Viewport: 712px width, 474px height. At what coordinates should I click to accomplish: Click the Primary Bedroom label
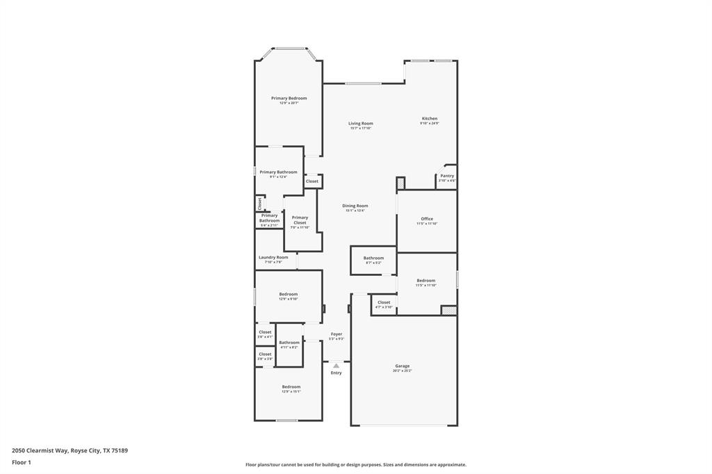[x=289, y=99]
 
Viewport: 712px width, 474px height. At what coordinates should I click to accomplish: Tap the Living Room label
[x=361, y=124]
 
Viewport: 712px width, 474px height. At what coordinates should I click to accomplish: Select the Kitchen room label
[x=429, y=119]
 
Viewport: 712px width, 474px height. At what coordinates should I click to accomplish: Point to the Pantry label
[x=447, y=177]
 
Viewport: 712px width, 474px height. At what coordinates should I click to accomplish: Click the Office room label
[x=426, y=220]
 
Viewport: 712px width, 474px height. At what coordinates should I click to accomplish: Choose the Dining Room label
[x=355, y=206]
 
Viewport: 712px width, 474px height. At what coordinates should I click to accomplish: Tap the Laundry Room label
[x=273, y=258]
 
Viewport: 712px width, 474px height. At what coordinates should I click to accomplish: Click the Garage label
[x=402, y=366]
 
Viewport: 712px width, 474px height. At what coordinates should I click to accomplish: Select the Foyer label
[x=336, y=334]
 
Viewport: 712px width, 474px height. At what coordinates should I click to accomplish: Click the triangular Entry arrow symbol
[x=336, y=365]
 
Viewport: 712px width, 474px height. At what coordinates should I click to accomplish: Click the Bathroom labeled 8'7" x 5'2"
[x=373, y=259]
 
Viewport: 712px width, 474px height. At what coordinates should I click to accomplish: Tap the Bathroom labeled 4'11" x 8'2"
[x=289, y=343]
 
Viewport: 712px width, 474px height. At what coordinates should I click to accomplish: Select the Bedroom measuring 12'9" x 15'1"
[x=291, y=387]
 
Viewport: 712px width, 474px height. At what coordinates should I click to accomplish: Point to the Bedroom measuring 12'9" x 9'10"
[x=288, y=295]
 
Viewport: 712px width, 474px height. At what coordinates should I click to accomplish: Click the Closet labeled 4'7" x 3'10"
[x=384, y=303]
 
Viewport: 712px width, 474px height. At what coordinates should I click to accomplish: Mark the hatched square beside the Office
[x=400, y=184]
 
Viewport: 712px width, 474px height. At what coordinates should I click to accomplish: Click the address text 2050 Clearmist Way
[x=70, y=450]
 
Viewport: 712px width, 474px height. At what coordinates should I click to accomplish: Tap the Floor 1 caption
[x=22, y=462]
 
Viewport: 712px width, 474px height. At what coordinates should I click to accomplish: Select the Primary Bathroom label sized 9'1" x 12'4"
[x=278, y=172]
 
